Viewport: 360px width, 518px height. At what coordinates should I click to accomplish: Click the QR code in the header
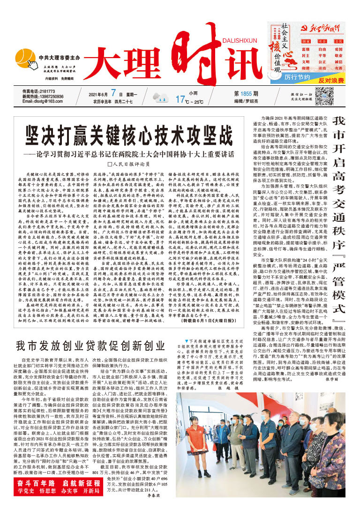pyautogui.click(x=324, y=98)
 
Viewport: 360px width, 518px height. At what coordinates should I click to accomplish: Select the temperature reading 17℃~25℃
pyautogui.click(x=189, y=100)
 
